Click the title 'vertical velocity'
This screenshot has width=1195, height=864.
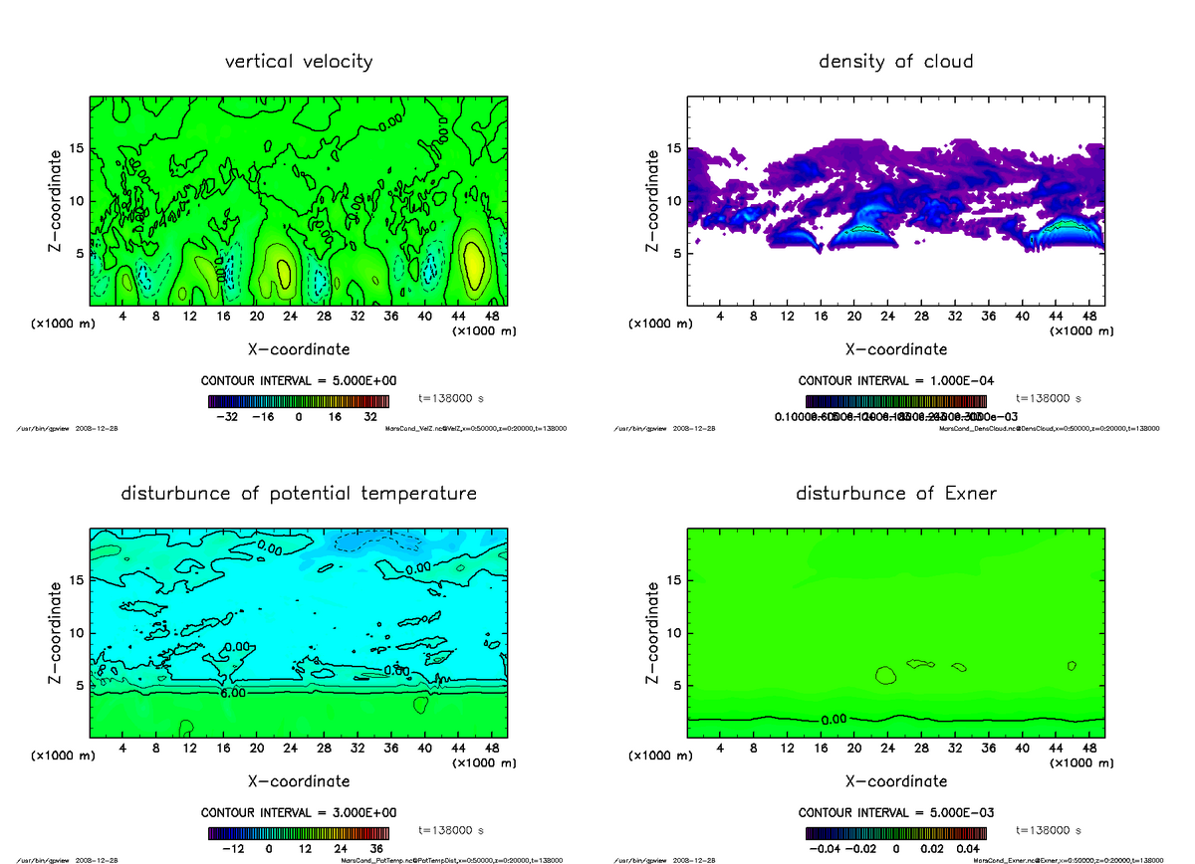click(x=299, y=62)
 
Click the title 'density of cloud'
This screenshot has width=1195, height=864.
click(x=895, y=62)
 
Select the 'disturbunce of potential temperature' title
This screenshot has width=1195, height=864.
click(x=299, y=494)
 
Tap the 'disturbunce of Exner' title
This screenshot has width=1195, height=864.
click(x=895, y=494)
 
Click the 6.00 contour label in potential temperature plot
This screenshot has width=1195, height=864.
click(x=233, y=694)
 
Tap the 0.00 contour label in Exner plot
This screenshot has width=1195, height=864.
click(x=834, y=719)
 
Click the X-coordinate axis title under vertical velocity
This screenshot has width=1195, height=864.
click(x=299, y=349)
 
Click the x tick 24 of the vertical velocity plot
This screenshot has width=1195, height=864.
click(x=290, y=317)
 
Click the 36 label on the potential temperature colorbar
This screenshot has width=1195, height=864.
click(x=377, y=849)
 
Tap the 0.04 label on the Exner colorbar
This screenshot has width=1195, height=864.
click(x=969, y=849)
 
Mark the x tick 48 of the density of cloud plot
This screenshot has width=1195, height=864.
click(x=1089, y=317)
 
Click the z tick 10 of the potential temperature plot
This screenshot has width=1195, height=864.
click(x=77, y=632)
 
